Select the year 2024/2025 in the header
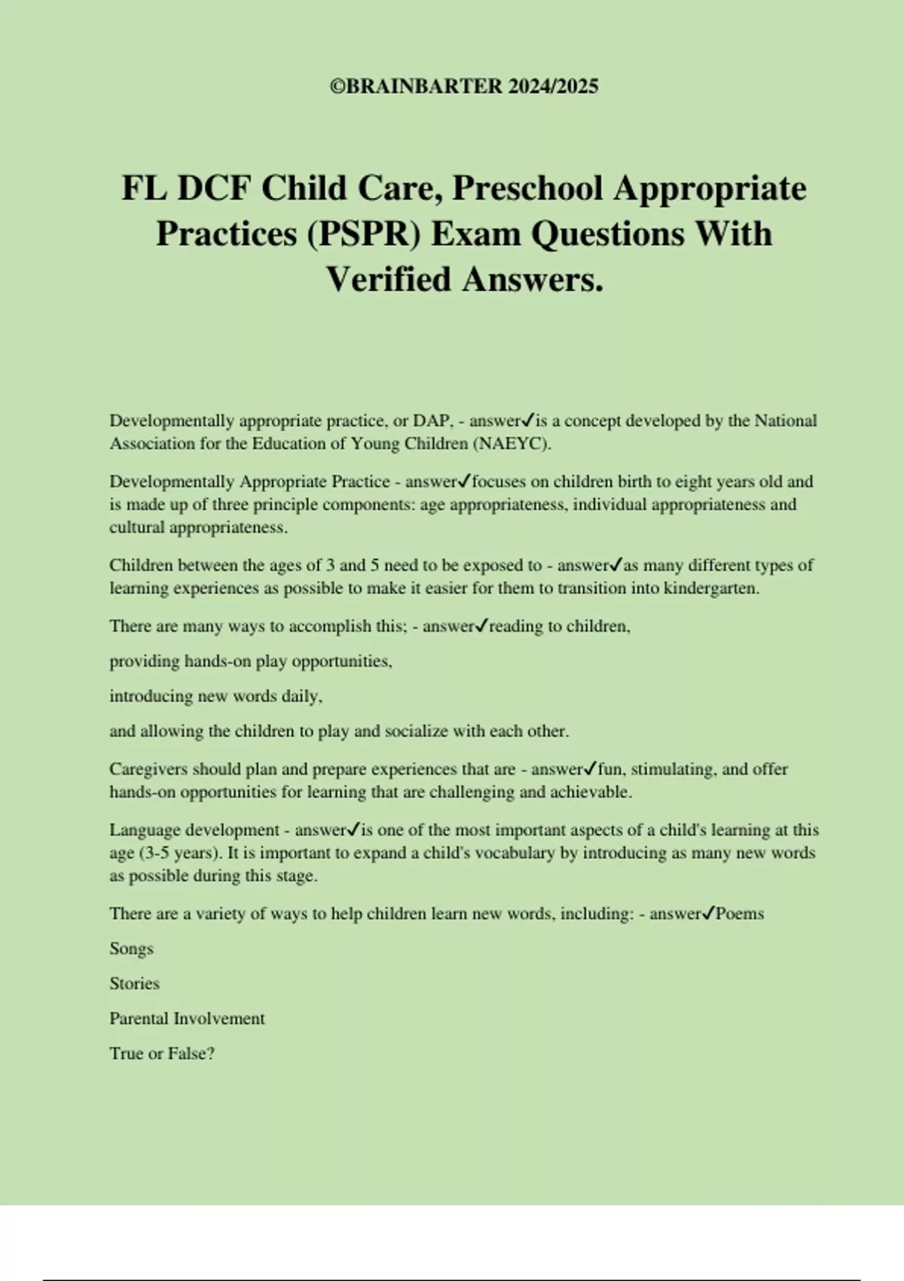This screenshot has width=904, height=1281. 553,87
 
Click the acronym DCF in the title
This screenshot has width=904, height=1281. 213,188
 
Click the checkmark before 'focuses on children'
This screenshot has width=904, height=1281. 465,481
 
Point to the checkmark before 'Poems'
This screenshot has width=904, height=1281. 708,913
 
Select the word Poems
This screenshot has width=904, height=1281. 740,913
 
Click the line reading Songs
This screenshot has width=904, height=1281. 131,949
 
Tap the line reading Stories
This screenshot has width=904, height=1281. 134,983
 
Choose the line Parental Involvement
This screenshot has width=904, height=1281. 187,1019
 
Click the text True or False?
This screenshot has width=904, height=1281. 162,1053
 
